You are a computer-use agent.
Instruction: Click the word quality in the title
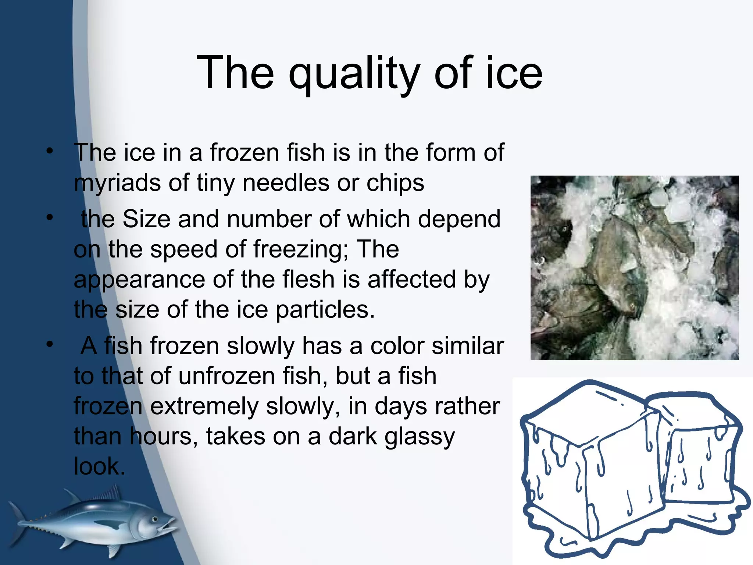pos(354,74)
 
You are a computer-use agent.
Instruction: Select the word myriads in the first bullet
pos(117,183)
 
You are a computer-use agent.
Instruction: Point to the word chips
pos(395,183)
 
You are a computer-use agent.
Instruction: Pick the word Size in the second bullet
pos(146,219)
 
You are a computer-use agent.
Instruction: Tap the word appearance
pos(139,280)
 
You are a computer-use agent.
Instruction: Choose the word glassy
pos(420,437)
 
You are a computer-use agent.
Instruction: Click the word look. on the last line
pos(99,466)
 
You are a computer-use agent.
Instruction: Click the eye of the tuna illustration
pos(155,519)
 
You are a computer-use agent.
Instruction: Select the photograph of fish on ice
pos(634,267)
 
